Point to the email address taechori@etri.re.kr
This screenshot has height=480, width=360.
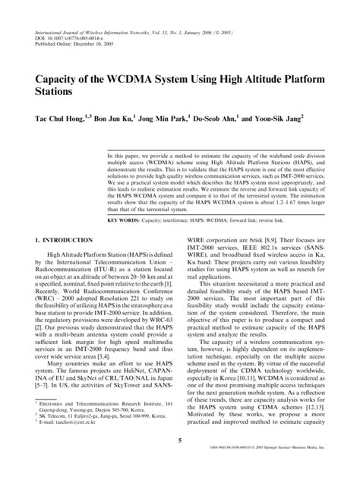click(x=71, y=423)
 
